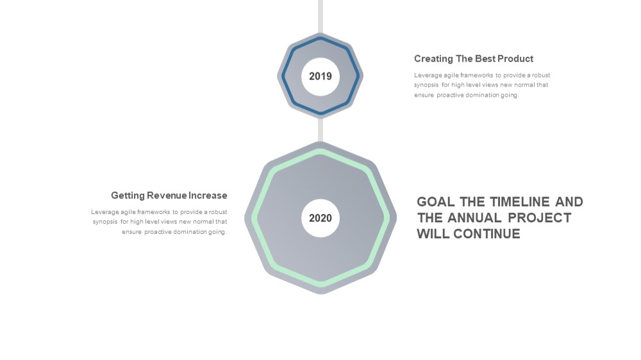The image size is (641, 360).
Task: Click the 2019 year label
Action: pos(320,76)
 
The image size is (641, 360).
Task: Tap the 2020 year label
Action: pos(320,218)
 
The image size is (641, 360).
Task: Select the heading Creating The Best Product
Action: pos(474,59)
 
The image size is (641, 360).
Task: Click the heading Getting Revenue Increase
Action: pos(169,196)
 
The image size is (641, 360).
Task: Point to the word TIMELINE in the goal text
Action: pos(520,202)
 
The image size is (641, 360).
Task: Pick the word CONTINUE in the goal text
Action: pos(487,234)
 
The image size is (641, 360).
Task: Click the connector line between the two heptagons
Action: pos(320,130)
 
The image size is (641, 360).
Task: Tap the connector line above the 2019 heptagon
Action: pos(320,17)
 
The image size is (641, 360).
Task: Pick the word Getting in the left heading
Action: pos(128,196)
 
